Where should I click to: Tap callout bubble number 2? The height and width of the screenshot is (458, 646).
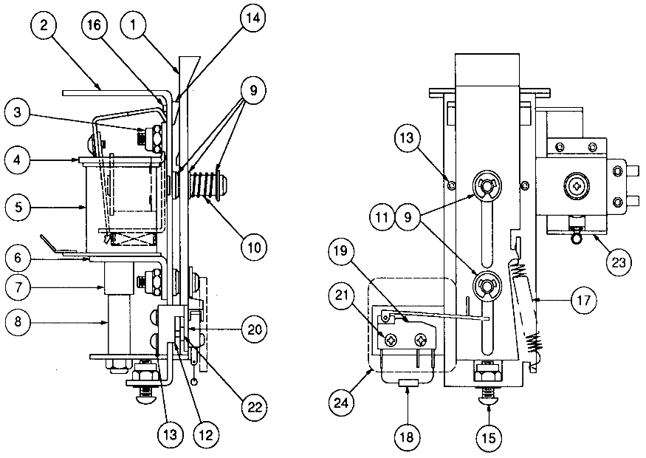tap(44, 26)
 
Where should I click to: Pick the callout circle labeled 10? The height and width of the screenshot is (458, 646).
tap(252, 245)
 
